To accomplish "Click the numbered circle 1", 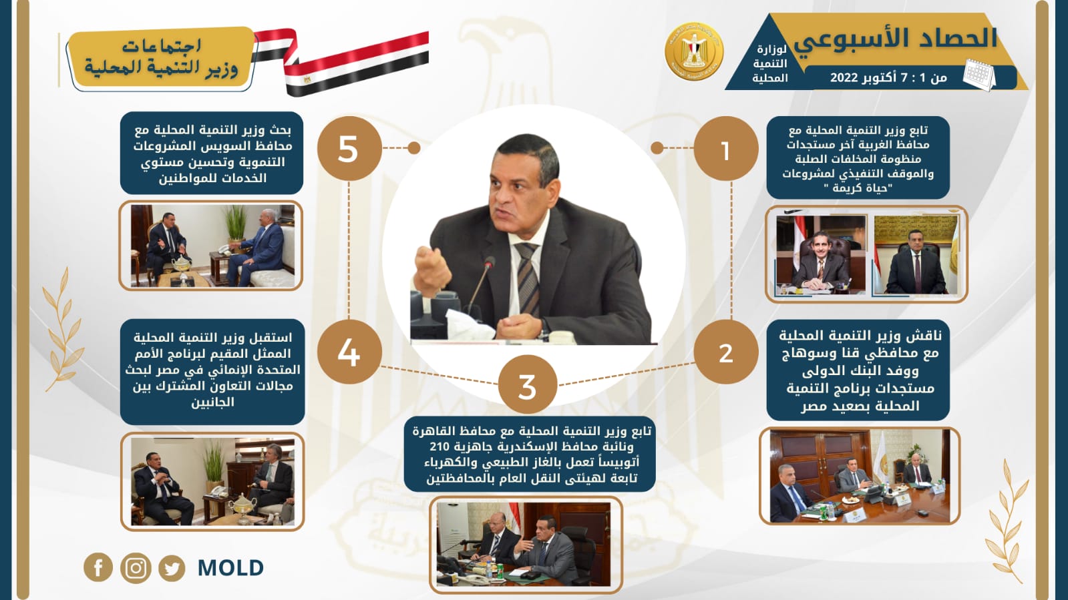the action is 725,149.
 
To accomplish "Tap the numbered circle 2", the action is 725,352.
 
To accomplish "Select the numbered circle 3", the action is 528,385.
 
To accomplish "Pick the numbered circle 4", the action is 349,352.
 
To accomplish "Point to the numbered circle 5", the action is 349,149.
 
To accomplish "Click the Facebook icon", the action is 98,567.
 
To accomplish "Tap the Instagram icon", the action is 136,567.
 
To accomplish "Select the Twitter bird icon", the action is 172,567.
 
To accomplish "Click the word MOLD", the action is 230,567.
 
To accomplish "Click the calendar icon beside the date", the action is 979,75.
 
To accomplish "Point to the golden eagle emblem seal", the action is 694,51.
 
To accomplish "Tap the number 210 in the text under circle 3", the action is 439,447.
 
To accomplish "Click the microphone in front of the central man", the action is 479,291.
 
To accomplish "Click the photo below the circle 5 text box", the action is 211,246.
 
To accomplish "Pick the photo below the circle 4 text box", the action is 212,481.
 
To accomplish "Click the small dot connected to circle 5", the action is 414,147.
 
